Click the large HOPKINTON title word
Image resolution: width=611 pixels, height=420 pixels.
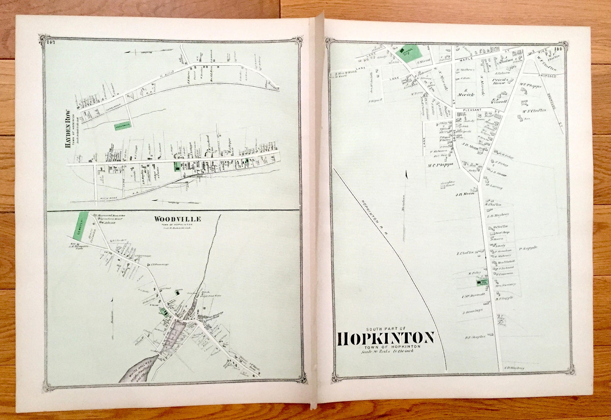tap(386, 338)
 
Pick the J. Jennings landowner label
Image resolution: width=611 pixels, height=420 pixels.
tap(473, 311)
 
